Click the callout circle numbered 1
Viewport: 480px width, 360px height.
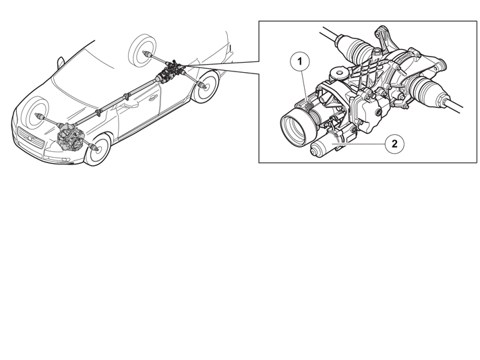coord(300,62)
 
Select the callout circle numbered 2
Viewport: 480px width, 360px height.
coord(394,144)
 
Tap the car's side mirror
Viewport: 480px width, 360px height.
coord(61,63)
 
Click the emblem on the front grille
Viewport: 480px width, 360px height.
coord(30,140)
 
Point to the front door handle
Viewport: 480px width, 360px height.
coord(152,98)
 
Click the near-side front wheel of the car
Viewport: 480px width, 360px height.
coord(97,150)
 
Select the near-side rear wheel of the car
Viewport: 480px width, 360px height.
coord(206,87)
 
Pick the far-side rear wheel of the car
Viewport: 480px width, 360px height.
coord(142,50)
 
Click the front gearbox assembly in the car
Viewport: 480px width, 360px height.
coord(71,137)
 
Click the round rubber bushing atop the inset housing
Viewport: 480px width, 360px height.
coord(339,73)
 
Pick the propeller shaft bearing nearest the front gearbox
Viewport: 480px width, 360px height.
coord(98,113)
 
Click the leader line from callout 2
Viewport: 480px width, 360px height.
coord(359,144)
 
